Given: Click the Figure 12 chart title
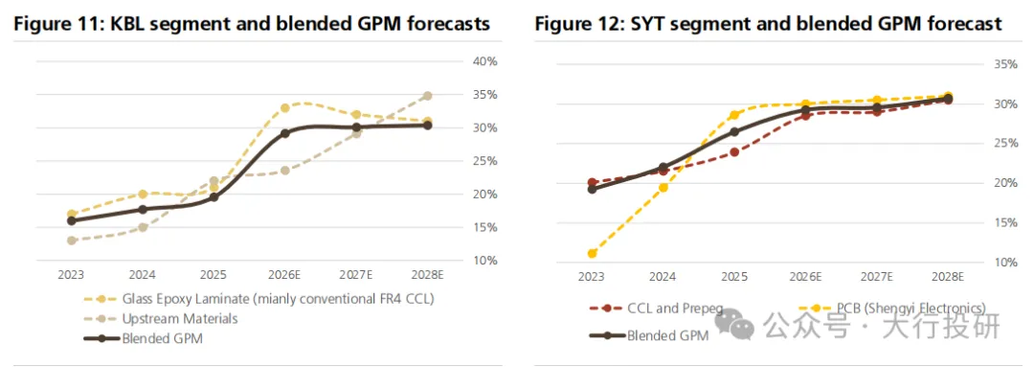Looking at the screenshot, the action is tap(768, 24).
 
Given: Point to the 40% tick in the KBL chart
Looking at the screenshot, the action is tap(485, 62).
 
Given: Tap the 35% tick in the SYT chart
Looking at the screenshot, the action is tap(1005, 65).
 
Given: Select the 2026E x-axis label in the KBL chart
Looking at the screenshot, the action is tap(285, 275).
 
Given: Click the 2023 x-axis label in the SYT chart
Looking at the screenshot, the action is tap(592, 277).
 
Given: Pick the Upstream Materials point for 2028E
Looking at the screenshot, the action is tap(427, 96).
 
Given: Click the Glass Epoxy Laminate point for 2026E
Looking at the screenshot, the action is tap(285, 107).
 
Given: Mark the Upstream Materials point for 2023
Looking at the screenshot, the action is tap(71, 241).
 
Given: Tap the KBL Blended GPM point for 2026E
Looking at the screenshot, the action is tap(285, 133).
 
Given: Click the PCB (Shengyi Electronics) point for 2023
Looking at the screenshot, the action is tap(592, 254).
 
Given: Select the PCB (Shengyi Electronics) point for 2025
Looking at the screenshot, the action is tap(734, 115).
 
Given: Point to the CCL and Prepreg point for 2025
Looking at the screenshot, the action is tap(734, 152).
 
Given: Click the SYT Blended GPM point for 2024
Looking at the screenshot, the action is tap(663, 168).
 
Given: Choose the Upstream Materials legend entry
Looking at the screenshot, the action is tap(161, 319).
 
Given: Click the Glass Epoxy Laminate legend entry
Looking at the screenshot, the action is tap(259, 299).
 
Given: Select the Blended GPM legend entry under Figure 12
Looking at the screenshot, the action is tap(648, 334).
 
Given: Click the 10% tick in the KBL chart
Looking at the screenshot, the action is tap(485, 261).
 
